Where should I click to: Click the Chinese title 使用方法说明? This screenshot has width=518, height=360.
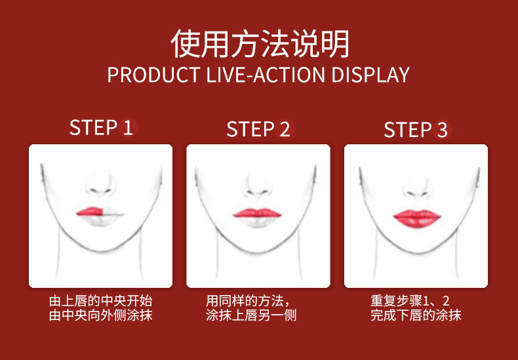(260, 43)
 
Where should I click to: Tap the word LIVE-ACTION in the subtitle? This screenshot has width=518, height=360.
(266, 75)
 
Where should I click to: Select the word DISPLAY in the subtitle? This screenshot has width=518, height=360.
(370, 75)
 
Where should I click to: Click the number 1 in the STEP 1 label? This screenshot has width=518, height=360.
(128, 127)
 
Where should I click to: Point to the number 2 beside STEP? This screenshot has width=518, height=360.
(285, 129)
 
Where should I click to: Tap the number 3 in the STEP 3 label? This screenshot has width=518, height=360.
(443, 129)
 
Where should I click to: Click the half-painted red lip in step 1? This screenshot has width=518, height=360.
(90, 211)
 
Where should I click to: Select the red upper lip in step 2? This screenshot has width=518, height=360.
(257, 213)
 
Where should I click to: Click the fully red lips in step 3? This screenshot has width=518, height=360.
(417, 218)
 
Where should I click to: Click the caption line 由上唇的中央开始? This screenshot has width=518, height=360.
(101, 301)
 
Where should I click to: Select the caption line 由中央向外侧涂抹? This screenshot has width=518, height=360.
(101, 315)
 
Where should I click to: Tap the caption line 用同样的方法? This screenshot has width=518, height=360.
(248, 301)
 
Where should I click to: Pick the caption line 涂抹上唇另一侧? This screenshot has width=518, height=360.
(251, 315)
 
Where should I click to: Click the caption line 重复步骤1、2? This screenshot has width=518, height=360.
(410, 301)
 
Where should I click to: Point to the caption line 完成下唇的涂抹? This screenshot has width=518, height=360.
(416, 315)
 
